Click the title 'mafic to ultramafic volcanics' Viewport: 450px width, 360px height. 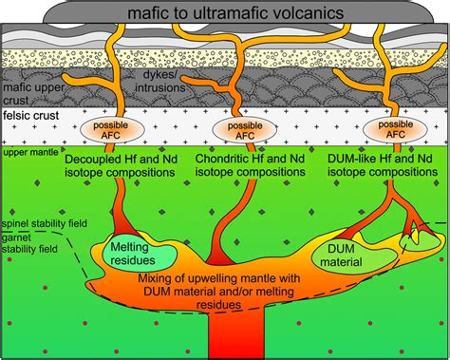tap(224, 12)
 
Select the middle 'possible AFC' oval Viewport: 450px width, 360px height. tap(233, 129)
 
